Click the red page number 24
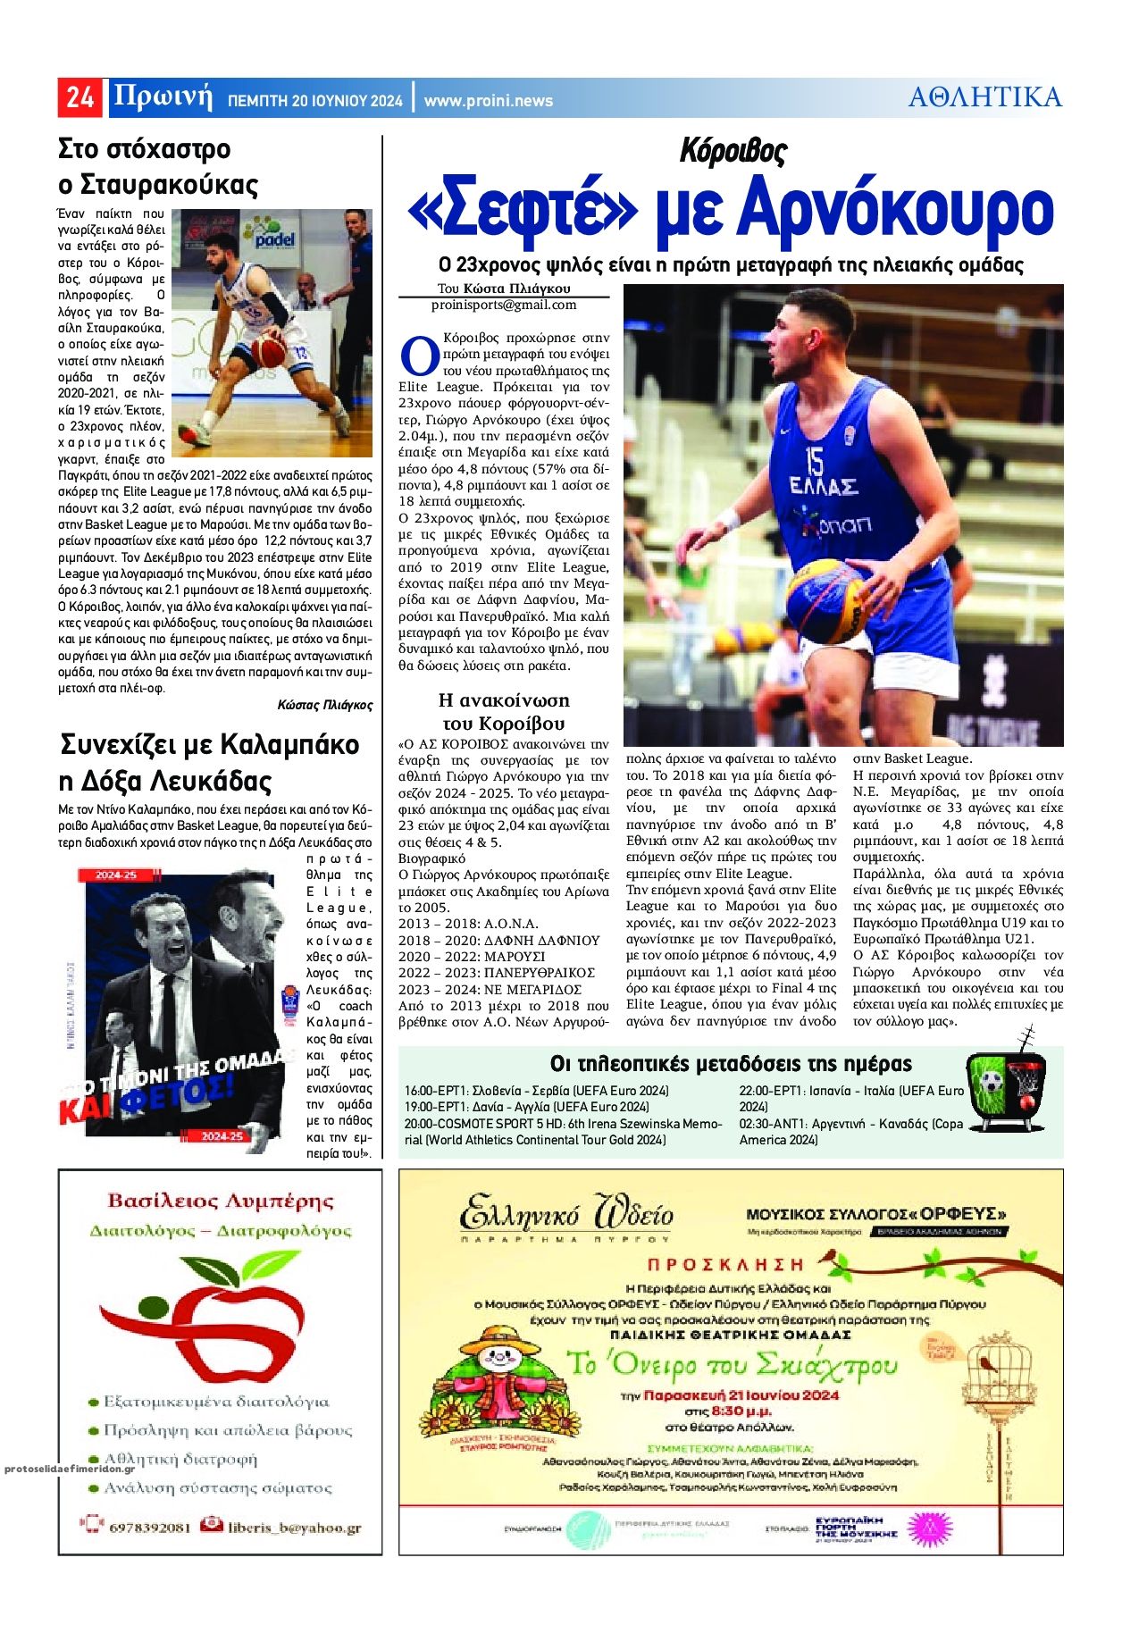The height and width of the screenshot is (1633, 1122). tap(80, 96)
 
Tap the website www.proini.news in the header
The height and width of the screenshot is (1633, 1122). tap(488, 101)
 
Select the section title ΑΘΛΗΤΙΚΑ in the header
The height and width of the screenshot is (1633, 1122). tap(984, 96)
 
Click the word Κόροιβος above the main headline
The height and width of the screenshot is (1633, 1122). tap(732, 151)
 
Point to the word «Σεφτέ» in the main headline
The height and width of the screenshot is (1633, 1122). tap(523, 211)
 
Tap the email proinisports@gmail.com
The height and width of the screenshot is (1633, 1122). tap(504, 305)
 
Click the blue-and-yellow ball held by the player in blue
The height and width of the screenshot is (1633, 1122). tap(826, 599)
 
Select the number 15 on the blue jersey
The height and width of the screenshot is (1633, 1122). tap(814, 461)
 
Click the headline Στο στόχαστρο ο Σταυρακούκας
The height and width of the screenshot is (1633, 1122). tap(157, 166)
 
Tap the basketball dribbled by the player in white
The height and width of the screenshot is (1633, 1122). tap(269, 350)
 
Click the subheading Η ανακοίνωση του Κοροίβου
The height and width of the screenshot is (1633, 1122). tap(504, 711)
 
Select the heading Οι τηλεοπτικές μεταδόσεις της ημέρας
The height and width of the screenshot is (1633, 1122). tap(731, 1063)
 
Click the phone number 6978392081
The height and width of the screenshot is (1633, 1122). tap(149, 1527)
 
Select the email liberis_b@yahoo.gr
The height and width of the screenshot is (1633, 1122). tap(293, 1527)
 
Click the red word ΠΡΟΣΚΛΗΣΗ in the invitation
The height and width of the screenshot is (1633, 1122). tap(724, 1264)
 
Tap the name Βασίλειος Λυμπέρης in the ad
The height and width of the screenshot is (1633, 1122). tap(220, 1201)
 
